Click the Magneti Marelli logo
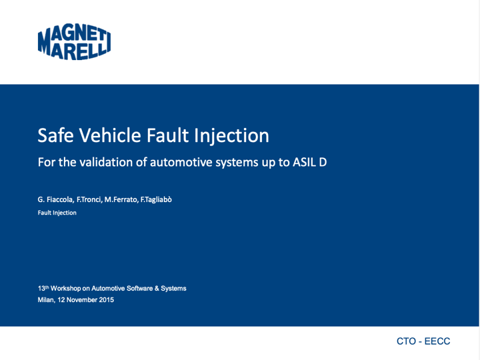(74, 41)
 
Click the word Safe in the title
(55, 135)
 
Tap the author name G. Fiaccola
(55, 199)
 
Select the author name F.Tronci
(89, 199)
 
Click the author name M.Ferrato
(121, 199)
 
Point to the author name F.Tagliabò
(156, 199)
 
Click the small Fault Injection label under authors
(57, 213)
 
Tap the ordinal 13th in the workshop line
(43, 288)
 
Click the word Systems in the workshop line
(173, 289)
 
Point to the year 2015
(106, 300)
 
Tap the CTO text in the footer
(406, 341)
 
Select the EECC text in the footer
(437, 341)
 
